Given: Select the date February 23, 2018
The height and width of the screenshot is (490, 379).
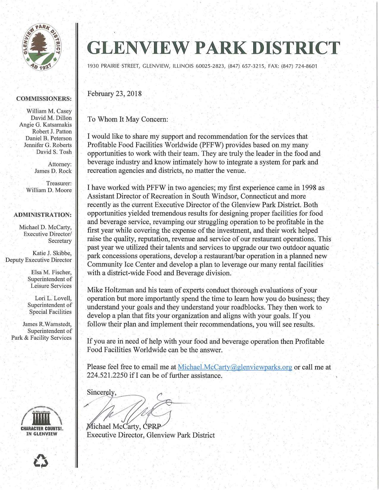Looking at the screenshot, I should click(x=114, y=94).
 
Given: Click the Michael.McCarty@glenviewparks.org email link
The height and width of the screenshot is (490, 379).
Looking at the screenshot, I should click(x=235, y=367).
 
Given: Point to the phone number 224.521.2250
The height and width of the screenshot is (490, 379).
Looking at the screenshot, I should click(x=107, y=375).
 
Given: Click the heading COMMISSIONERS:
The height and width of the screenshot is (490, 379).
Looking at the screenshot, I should click(x=44, y=99).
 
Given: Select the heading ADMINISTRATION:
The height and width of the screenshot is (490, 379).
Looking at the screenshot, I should click(x=43, y=215).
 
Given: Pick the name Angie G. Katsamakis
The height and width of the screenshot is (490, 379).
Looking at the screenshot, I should click(x=45, y=125).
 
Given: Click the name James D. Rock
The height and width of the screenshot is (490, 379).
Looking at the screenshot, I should click(x=53, y=171).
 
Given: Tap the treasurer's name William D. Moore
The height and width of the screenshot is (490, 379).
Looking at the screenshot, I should click(x=49, y=190).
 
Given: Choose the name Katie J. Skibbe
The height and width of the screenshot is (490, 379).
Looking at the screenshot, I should click(x=52, y=253).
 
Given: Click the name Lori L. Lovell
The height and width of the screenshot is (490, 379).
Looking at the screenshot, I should click(x=53, y=298).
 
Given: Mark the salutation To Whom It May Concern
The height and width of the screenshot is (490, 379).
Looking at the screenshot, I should click(x=128, y=119).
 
